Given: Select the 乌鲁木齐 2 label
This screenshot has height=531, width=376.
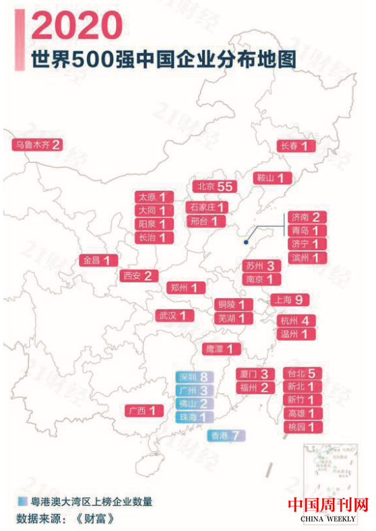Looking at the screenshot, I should coord(38,144).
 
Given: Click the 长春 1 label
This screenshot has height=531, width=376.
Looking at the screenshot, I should coord(296,146).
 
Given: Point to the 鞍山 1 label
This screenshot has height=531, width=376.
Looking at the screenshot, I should coord(273,178).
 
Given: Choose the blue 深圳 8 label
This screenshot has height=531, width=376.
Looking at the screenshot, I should coord(194,377).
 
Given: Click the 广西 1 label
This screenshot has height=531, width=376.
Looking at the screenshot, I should coord(146,410).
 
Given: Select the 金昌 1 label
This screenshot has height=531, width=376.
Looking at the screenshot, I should coord(100,260).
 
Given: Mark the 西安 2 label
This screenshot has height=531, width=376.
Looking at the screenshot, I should coord(139,275).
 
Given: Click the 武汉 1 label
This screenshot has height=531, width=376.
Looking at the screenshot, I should coord(175,315).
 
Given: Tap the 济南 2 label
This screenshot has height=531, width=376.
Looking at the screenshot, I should coord(307,217).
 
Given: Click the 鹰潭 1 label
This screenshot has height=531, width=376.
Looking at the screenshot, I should coord(222,349).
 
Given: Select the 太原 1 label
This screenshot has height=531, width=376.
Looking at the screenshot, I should coord(154,197).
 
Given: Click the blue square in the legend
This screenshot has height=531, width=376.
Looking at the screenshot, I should coord(22,501).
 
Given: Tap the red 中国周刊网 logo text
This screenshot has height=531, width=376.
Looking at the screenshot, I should coord(329,505).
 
